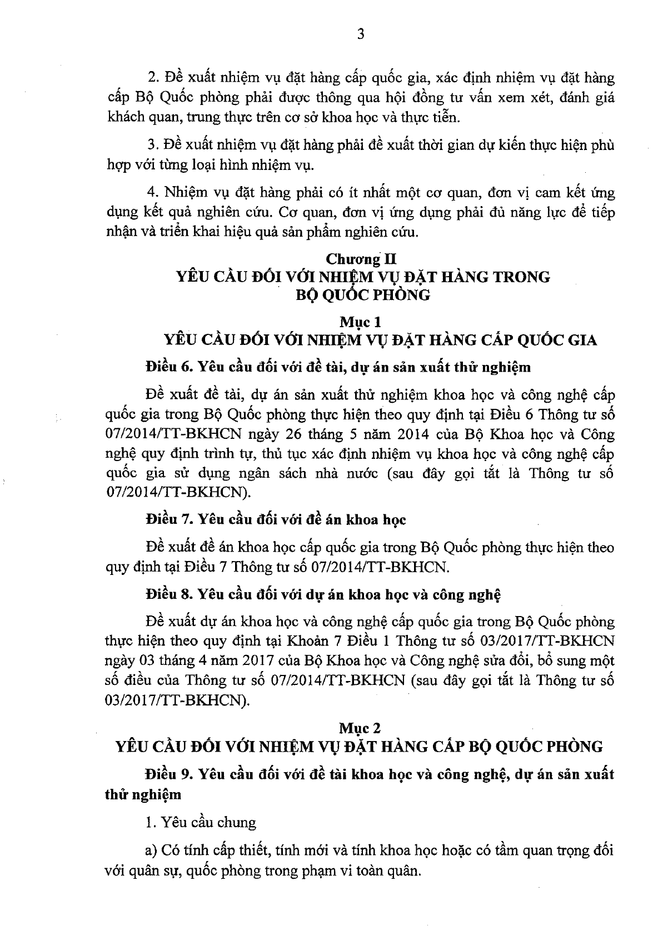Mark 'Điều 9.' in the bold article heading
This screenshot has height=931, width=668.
pyautogui.click(x=169, y=774)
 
